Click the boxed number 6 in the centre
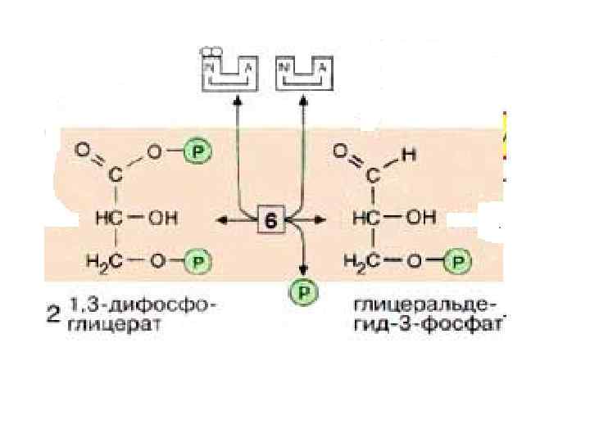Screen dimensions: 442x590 click(270, 219)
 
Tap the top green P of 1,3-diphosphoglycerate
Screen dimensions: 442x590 click(197, 151)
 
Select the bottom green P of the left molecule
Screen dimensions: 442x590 click(197, 262)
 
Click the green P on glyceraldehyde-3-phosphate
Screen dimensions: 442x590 click(458, 262)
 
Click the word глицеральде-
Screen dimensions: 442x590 click(423, 305)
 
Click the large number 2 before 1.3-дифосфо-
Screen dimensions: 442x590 click(54, 315)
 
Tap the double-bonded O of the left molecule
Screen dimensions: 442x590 click(84, 151)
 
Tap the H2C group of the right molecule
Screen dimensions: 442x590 click(361, 262)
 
